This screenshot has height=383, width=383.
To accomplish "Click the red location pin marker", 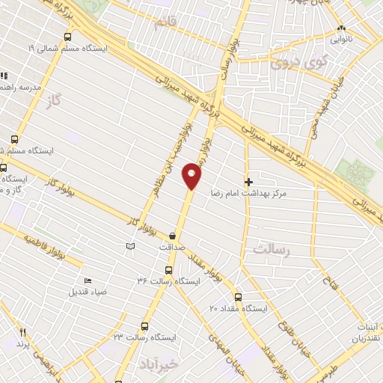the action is tap(192, 176).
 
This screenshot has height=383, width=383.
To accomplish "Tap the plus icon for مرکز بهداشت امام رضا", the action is tap(248, 181).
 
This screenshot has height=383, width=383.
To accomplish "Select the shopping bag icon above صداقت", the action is tap(174, 234).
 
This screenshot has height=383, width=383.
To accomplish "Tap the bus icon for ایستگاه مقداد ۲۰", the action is tap(238, 296).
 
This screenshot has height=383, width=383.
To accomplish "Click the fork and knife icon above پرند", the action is tap(23, 332).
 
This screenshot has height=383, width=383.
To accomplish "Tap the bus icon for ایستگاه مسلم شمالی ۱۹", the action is tap(68, 36).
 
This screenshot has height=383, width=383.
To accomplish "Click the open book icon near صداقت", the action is tap(130, 246).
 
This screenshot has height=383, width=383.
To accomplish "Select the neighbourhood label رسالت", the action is tap(272, 249).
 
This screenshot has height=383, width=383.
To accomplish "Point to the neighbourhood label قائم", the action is tap(165, 23).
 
